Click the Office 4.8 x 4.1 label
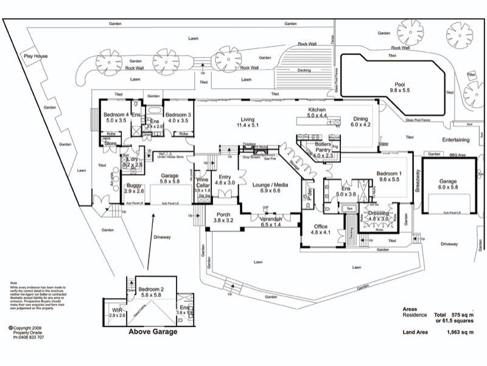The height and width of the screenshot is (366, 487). (x=320, y=229)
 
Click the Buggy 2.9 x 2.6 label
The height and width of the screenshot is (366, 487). (x=134, y=188)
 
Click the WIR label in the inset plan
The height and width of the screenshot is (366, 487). (x=117, y=312)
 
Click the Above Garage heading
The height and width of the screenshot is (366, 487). (x=152, y=332)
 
